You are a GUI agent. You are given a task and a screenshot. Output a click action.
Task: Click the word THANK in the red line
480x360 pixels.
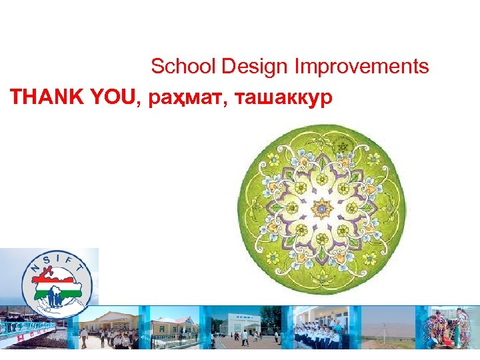click(x=45, y=98)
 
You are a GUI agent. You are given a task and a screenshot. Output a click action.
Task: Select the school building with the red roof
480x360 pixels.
click(x=173, y=327)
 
